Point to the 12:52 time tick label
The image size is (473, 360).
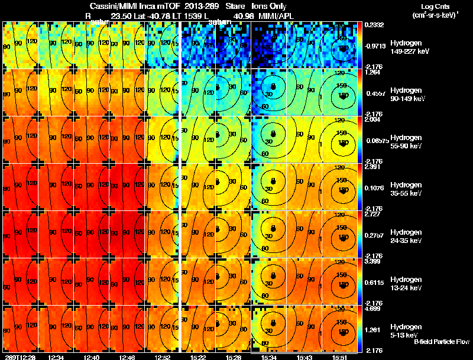161,356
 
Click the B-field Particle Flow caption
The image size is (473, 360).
441,342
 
